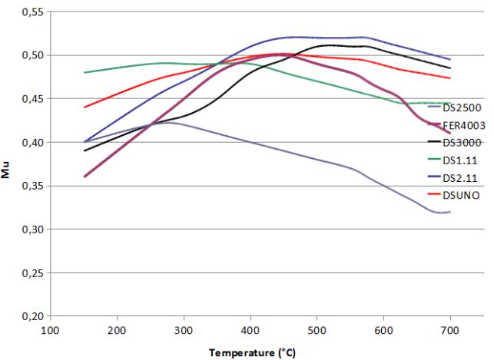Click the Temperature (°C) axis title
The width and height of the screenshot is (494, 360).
tap(250, 352)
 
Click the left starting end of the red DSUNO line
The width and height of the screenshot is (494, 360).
tap(85, 107)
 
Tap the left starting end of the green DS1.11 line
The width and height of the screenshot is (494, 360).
tap(85, 72)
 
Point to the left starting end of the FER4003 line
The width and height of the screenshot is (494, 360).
tap(85, 177)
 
